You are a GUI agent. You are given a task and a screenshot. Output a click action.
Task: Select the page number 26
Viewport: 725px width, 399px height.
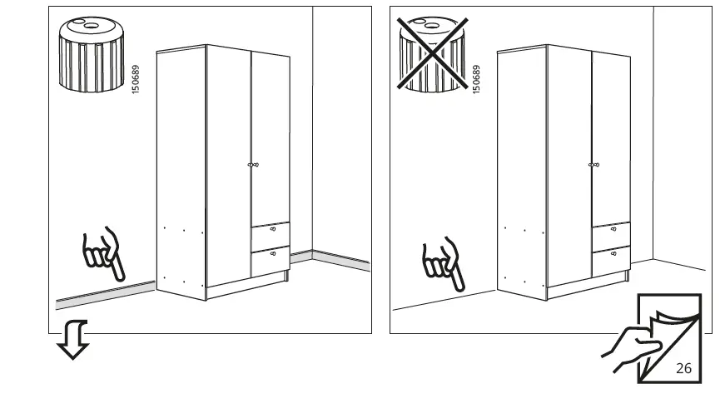pyautogui.click(x=683, y=367)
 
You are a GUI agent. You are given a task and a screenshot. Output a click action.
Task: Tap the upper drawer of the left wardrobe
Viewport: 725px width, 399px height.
pyautogui.click(x=271, y=233)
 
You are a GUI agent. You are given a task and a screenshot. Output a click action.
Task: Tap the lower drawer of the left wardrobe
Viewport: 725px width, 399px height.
pyautogui.click(x=271, y=260)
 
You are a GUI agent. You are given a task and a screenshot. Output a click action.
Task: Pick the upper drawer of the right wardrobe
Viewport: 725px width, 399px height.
pyautogui.click(x=611, y=235)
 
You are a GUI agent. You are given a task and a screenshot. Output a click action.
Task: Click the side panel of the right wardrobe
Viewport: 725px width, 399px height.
pyautogui.click(x=521, y=167)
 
